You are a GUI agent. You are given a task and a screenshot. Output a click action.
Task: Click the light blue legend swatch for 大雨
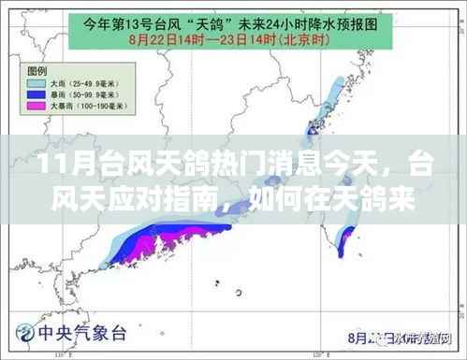(x=39, y=82)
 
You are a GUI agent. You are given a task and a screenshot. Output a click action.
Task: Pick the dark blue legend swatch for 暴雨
(x=39, y=94)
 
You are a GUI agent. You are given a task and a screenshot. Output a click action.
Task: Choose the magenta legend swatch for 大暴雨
(x=39, y=107)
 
